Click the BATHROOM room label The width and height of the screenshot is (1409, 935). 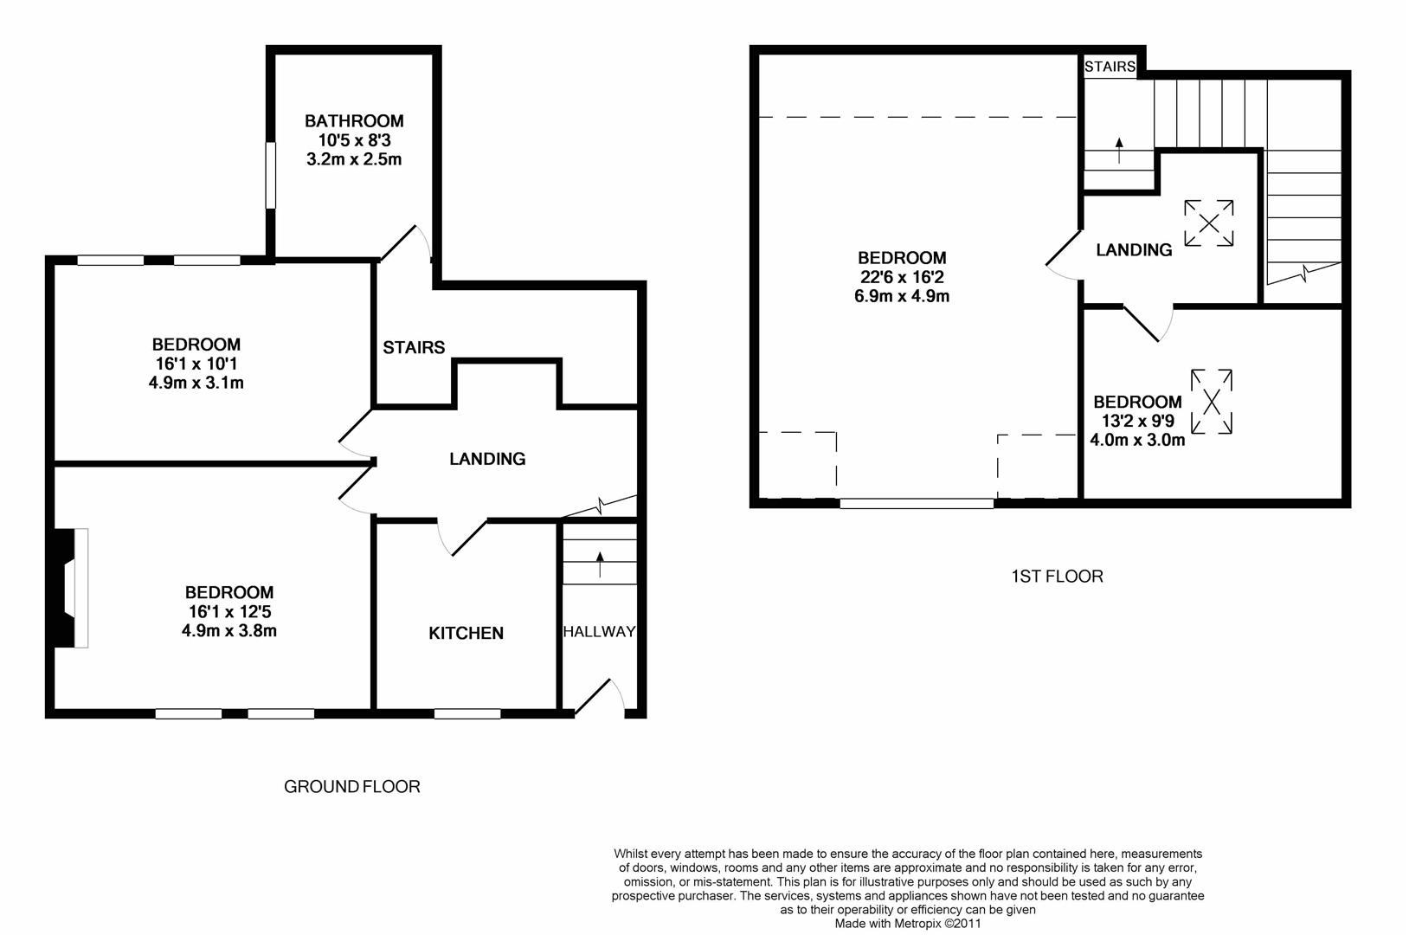pyautogui.click(x=354, y=121)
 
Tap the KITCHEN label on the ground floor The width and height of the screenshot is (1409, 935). pyautogui.click(x=466, y=634)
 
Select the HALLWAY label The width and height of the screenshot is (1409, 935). pyautogui.click(x=599, y=632)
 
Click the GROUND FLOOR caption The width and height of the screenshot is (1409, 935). pyautogui.click(x=352, y=787)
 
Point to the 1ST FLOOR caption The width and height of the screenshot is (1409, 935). pyautogui.click(x=1057, y=577)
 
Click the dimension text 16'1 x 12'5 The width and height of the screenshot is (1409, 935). pyautogui.click(x=229, y=612)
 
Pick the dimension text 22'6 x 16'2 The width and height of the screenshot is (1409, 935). pyautogui.click(x=902, y=277)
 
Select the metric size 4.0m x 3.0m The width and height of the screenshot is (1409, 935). pyautogui.click(x=1137, y=440)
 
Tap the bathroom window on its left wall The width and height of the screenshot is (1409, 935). pyautogui.click(x=270, y=176)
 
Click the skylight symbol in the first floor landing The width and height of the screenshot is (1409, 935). pyautogui.click(x=1208, y=225)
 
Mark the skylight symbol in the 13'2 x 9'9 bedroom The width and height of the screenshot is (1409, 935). pyautogui.click(x=1212, y=402)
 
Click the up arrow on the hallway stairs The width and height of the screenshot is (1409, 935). pyautogui.click(x=600, y=564)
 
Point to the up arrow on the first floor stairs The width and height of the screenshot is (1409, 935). pyautogui.click(x=1119, y=151)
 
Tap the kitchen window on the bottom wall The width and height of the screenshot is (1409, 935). pyautogui.click(x=467, y=714)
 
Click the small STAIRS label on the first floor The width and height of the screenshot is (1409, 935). pyautogui.click(x=1110, y=67)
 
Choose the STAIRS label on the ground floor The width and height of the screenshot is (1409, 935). pyautogui.click(x=414, y=348)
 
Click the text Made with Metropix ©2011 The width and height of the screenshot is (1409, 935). pyautogui.click(x=908, y=924)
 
